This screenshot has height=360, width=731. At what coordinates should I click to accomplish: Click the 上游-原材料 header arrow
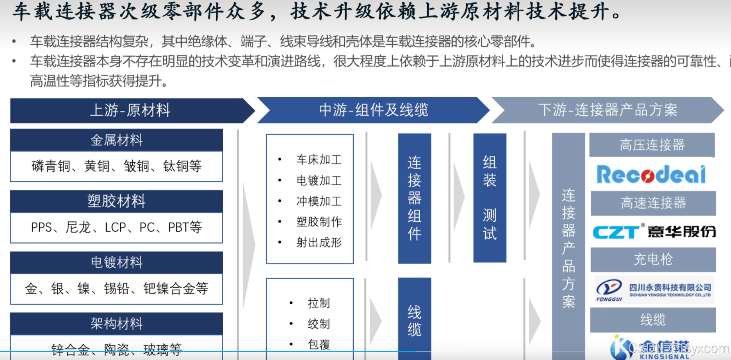coord(130,110)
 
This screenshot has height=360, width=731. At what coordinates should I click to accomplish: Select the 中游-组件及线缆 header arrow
coord(373,110)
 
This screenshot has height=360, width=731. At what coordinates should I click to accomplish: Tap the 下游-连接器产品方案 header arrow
coord(607,110)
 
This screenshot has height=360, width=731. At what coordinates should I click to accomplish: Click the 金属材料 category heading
coord(116,140)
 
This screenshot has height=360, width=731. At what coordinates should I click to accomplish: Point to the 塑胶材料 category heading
coord(116,201)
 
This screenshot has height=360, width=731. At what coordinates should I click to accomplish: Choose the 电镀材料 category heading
coord(116,262)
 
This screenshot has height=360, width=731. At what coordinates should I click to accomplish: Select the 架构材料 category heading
coord(116,323)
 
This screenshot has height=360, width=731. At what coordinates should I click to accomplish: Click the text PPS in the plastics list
coord(41,227)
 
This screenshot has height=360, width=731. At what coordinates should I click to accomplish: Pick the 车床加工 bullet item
coord(319,160)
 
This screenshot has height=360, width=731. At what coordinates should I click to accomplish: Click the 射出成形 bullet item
coord(319,242)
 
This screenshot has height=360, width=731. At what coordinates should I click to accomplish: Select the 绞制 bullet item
coord(318,324)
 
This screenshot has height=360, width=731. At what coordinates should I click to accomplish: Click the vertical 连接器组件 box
coord(414,198)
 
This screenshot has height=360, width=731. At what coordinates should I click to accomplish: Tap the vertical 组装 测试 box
coord(489,198)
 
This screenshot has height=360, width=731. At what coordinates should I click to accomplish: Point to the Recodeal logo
coord(651,174)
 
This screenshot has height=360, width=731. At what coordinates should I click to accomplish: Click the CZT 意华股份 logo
coord(654,232)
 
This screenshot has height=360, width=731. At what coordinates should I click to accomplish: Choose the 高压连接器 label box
coord(652,145)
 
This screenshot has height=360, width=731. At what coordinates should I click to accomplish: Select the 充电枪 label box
coord(653,259)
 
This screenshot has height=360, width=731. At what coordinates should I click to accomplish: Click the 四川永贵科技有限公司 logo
coord(654,290)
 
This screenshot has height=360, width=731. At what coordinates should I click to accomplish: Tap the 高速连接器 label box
coord(653,203)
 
